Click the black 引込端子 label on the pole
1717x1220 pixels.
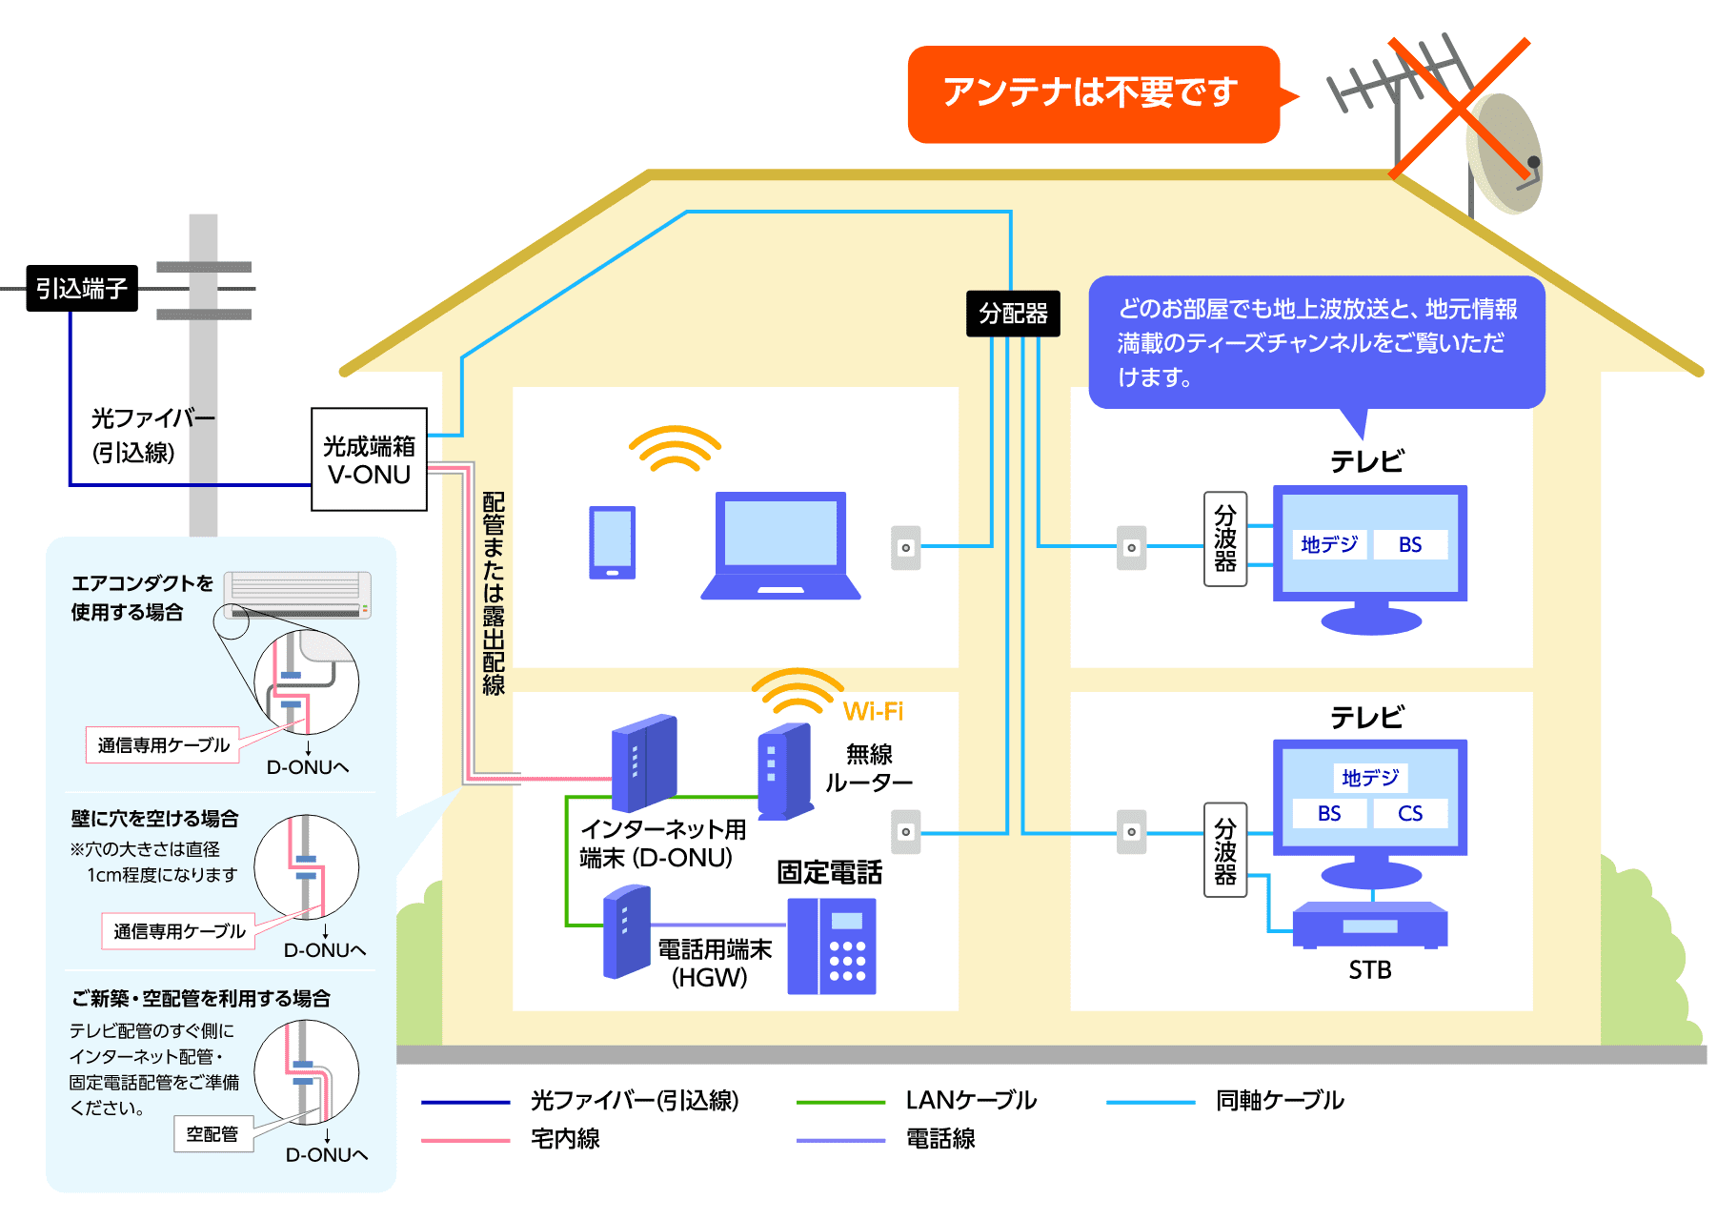pyautogui.click(x=82, y=288)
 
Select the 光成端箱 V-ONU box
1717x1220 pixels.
pyautogui.click(x=369, y=459)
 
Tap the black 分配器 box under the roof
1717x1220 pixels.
pyautogui.click(x=1013, y=314)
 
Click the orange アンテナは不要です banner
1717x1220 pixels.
pyautogui.click(x=1092, y=93)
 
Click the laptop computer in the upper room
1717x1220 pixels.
pyautogui.click(x=780, y=545)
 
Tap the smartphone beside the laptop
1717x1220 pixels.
pyautogui.click(x=613, y=542)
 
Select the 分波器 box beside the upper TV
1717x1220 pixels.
pyautogui.click(x=1225, y=539)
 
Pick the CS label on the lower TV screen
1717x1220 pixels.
pyautogui.click(x=1410, y=813)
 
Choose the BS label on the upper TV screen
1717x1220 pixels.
pyautogui.click(x=1410, y=544)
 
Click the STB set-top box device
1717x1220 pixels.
pyautogui.click(x=1370, y=925)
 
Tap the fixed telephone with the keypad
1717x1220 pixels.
pyautogui.click(x=832, y=945)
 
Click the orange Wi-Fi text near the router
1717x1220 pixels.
pyautogui.click(x=873, y=711)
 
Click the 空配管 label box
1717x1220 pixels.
pyautogui.click(x=212, y=1134)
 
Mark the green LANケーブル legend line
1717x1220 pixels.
pyautogui.click(x=840, y=1102)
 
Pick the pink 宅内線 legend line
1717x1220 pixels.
pyautogui.click(x=465, y=1140)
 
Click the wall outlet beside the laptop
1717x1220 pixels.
pyautogui.click(x=906, y=547)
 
